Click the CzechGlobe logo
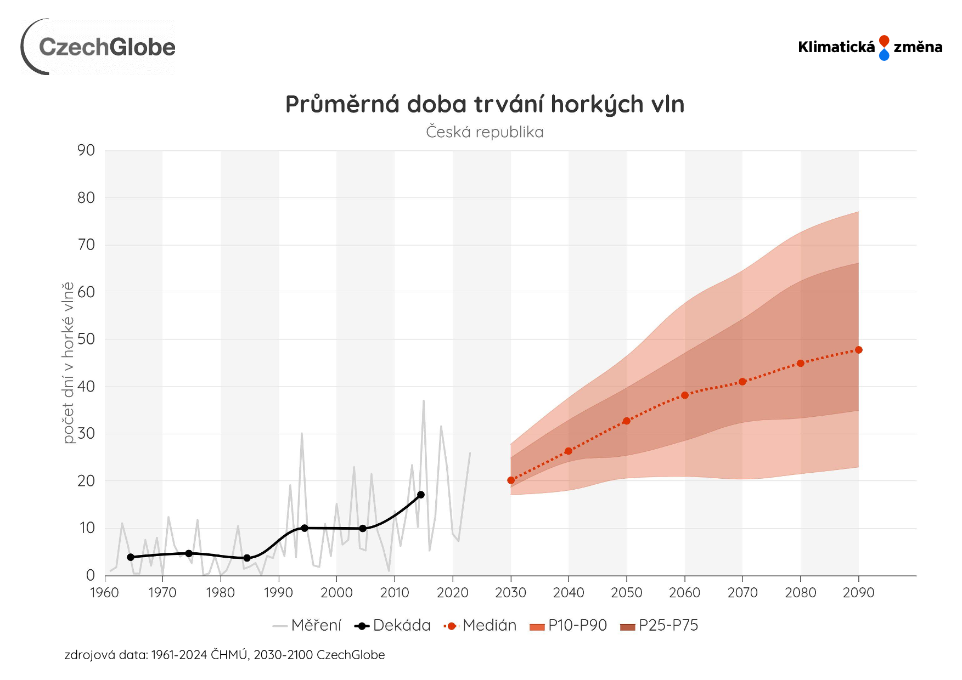(x=99, y=47)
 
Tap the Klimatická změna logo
(x=870, y=47)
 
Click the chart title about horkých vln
(x=485, y=104)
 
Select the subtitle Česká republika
(x=485, y=132)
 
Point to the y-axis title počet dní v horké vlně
(x=68, y=362)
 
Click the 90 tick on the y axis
(x=86, y=150)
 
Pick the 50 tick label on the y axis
(x=86, y=339)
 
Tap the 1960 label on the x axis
(x=104, y=593)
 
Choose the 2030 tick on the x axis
(x=510, y=593)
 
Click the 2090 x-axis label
(x=858, y=593)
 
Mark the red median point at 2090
(x=859, y=350)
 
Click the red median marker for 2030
(x=511, y=480)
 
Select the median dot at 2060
(x=685, y=395)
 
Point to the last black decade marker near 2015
(x=421, y=495)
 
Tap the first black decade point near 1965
(x=131, y=557)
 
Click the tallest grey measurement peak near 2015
(x=424, y=401)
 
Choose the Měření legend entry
(x=316, y=626)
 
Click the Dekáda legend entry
(x=401, y=626)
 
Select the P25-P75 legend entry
(x=668, y=626)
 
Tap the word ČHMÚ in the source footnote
(x=229, y=655)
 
